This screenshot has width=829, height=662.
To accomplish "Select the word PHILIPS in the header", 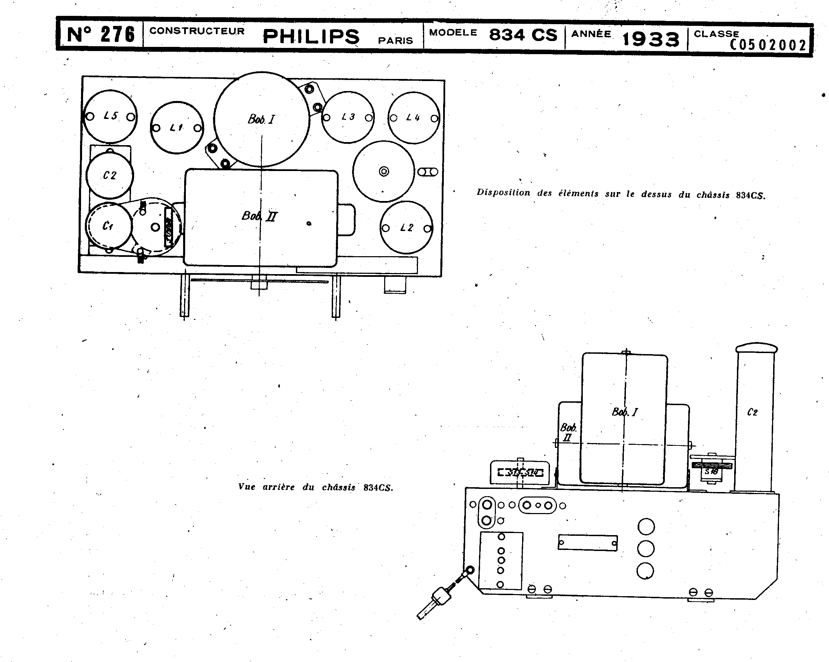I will [311, 37].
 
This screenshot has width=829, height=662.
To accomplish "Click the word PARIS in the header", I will [395, 41].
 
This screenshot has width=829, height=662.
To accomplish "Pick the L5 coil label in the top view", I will [111, 116].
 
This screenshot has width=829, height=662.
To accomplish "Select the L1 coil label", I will [177, 128].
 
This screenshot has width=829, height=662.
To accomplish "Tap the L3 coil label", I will [348, 117].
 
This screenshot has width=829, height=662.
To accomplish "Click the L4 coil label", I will [413, 118].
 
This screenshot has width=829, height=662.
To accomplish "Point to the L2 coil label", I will [407, 228].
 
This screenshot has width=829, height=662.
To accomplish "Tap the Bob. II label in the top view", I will [259, 216].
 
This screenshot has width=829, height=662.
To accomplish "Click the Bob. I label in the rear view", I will [625, 412].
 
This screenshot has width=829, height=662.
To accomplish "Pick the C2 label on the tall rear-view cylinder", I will [752, 412].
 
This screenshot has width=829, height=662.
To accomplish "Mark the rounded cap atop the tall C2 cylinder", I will [756, 348].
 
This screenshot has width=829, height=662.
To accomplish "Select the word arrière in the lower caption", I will [278, 488].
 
